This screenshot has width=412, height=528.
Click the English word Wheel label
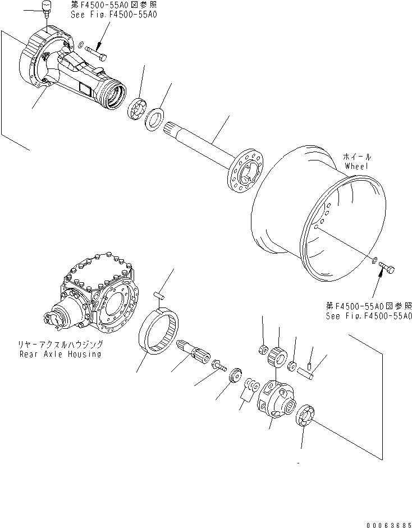(358, 167)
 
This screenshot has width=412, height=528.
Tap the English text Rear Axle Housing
(60, 354)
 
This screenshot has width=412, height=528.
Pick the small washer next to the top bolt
(81, 44)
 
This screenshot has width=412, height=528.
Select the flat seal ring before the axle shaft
(155, 120)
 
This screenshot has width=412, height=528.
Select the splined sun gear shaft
(193, 352)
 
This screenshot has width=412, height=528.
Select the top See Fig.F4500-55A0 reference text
(114, 14)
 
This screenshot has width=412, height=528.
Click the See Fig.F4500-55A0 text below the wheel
(369, 316)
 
